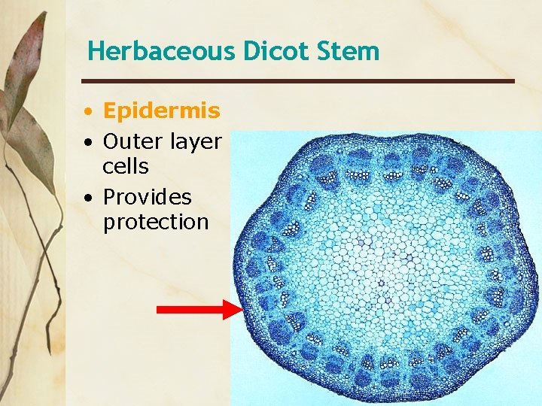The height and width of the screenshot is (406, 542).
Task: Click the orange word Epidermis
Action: (x=161, y=112)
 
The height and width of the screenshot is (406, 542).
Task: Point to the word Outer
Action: (x=132, y=141)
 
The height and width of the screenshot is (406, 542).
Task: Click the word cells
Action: (x=126, y=166)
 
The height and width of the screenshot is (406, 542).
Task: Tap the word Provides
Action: (x=147, y=198)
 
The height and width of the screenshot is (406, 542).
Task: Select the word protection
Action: (x=155, y=223)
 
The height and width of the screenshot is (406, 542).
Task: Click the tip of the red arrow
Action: (x=241, y=309)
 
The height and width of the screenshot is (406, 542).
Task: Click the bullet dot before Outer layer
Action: (x=89, y=142)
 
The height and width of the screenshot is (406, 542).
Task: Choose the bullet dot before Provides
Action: (x=89, y=198)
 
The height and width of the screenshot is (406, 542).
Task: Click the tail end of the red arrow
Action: (x=159, y=309)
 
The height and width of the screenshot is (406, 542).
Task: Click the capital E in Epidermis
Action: (x=110, y=111)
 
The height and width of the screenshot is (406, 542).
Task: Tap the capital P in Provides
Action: (x=110, y=197)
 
